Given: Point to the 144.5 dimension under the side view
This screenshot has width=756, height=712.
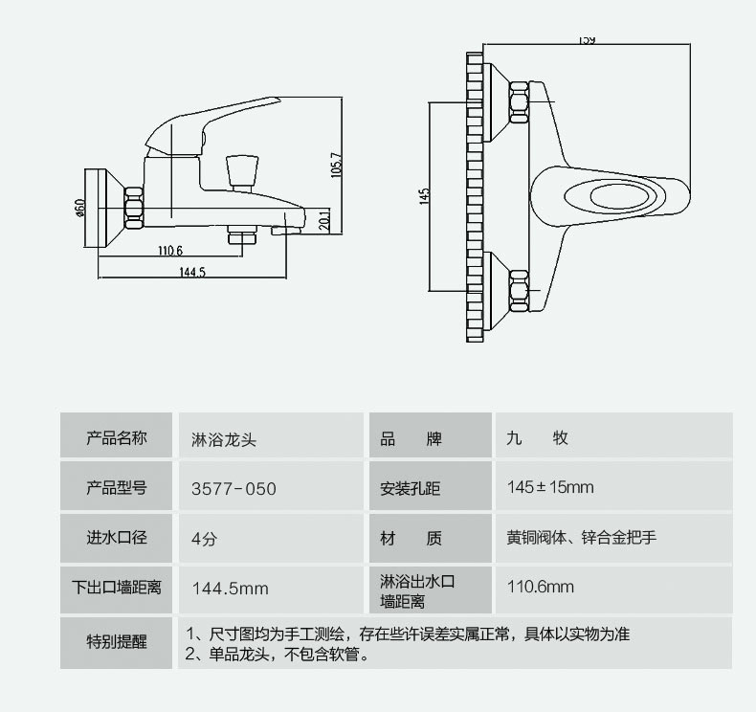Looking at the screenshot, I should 192,273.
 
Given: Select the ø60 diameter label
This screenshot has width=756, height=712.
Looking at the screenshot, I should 80,208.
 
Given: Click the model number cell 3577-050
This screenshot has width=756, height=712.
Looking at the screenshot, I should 233,489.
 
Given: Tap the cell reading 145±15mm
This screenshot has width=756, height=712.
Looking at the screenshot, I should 550,487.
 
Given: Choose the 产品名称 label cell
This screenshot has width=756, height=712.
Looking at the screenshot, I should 117,438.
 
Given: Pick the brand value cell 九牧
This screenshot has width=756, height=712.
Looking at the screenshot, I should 537,438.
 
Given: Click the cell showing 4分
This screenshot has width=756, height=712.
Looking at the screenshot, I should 205,539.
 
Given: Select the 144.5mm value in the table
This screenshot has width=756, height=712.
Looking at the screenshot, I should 231,588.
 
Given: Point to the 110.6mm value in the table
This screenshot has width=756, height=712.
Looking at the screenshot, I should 541,588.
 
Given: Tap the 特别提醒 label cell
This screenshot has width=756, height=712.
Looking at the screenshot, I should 117,642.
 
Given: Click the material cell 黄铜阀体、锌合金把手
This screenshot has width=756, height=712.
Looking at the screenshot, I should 581,538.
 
